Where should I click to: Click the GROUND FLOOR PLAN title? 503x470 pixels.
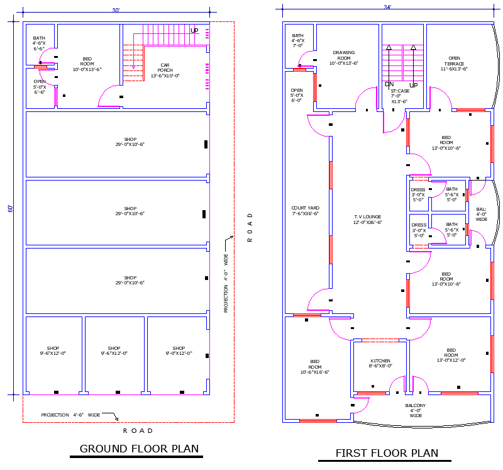click(x=139, y=449)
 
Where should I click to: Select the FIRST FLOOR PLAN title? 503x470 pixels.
click(x=387, y=452)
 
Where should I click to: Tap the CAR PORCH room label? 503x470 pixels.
click(x=165, y=70)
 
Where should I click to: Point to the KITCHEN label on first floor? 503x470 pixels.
click(x=380, y=363)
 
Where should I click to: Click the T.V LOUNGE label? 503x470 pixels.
click(x=367, y=220)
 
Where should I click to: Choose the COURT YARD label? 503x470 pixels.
click(x=305, y=211)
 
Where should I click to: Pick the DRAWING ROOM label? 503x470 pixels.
click(x=344, y=57)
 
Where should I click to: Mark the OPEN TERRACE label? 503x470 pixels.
click(x=454, y=61)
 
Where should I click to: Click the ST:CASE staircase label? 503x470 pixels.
click(x=399, y=96)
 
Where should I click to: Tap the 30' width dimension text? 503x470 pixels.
click(x=116, y=11)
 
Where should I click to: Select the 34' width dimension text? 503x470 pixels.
click(x=388, y=7)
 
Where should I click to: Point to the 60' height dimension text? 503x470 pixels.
click(x=10, y=208)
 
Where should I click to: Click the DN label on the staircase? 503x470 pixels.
click(x=389, y=84)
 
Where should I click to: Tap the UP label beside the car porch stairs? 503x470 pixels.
click(x=194, y=31)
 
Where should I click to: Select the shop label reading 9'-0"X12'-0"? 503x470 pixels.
click(x=179, y=350)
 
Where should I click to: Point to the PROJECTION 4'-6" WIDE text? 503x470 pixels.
click(x=70, y=415)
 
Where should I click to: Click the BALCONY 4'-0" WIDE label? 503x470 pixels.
click(x=416, y=410)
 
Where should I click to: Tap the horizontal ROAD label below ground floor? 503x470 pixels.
click(x=138, y=430)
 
